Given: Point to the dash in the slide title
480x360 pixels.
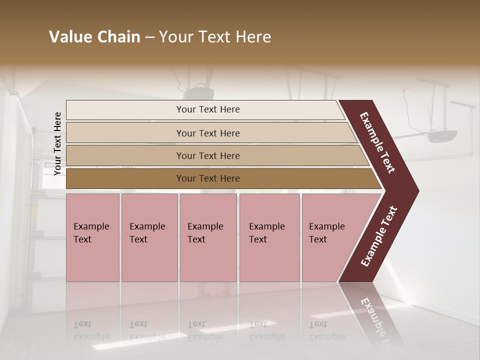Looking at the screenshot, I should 149,37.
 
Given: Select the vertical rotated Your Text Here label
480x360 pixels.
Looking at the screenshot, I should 57,143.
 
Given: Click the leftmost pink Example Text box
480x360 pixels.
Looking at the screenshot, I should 92,237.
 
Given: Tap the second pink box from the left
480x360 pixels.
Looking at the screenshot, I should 149,237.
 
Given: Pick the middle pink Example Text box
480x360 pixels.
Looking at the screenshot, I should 208,237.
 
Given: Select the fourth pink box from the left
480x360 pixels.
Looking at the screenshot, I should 269,237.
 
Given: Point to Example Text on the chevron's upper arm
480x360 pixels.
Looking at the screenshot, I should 377,142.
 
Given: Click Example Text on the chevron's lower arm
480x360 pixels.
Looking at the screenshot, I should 379,236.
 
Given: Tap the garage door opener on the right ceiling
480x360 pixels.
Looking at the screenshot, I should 442,135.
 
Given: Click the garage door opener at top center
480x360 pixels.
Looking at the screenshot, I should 198,93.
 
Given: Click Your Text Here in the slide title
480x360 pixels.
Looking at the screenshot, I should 215,37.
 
